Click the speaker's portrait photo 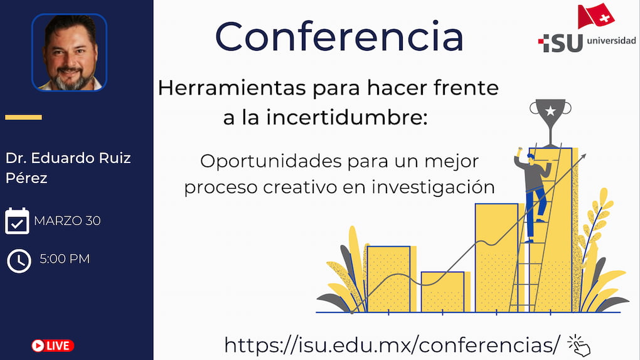[70, 52]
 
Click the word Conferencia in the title [339, 37]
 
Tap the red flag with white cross [595, 16]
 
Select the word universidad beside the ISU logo [611, 40]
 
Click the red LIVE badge [53, 346]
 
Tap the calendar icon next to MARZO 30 [17, 221]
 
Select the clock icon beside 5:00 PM [19, 261]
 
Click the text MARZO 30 [67, 221]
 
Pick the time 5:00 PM [65, 259]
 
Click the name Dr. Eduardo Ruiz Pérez [68, 167]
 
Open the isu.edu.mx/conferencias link [392, 346]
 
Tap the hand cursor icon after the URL [579, 346]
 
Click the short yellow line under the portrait [23, 117]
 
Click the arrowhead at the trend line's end [584, 157]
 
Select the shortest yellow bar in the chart [443, 292]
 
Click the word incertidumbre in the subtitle [347, 117]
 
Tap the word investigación [433, 188]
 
